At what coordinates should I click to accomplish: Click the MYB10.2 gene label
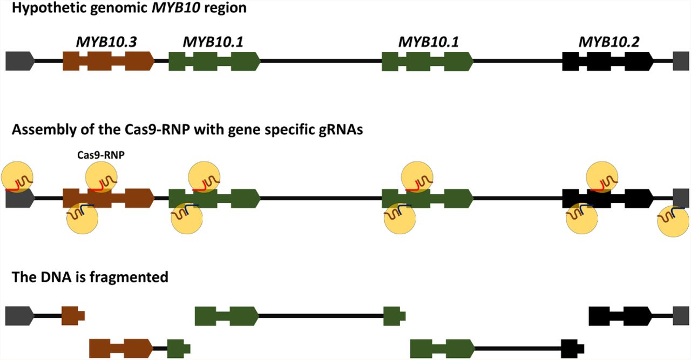(608, 42)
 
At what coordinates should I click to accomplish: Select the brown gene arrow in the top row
(108, 62)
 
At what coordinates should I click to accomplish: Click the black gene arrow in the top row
(608, 62)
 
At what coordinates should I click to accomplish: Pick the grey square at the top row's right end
(681, 62)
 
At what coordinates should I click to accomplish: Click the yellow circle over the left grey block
(17, 176)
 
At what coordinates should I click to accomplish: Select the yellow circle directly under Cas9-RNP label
(101, 176)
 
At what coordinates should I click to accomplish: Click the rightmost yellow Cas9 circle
(674, 220)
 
